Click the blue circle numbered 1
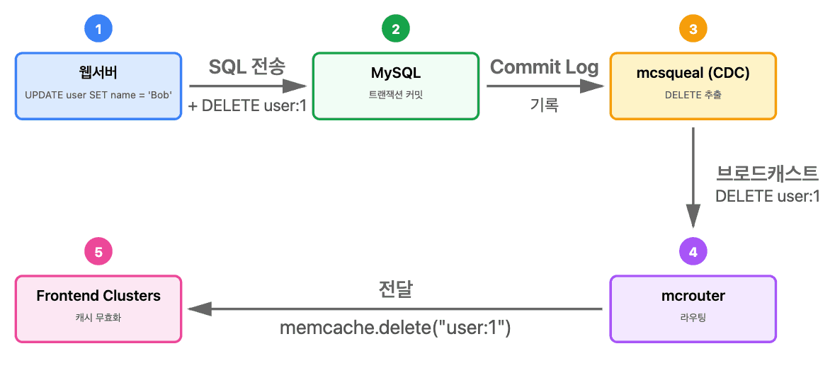tap(98, 29)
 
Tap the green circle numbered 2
tap(395, 29)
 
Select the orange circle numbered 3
tap(693, 29)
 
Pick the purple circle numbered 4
tap(693, 251)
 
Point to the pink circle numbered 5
tap(98, 251)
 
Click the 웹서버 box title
tap(98, 73)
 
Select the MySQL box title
tap(395, 73)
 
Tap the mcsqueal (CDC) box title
tap(693, 73)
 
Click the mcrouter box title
tap(693, 295)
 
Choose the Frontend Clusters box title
tap(98, 295)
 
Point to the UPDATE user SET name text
tap(98, 95)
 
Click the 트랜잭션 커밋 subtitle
tap(395, 95)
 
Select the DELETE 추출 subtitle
tap(693, 95)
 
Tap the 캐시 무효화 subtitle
tap(98, 318)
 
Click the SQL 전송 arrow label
tap(246, 67)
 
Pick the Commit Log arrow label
tap(544, 67)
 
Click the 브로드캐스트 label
tap(768, 173)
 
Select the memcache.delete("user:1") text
tap(395, 328)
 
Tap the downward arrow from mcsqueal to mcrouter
tap(693, 177)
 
